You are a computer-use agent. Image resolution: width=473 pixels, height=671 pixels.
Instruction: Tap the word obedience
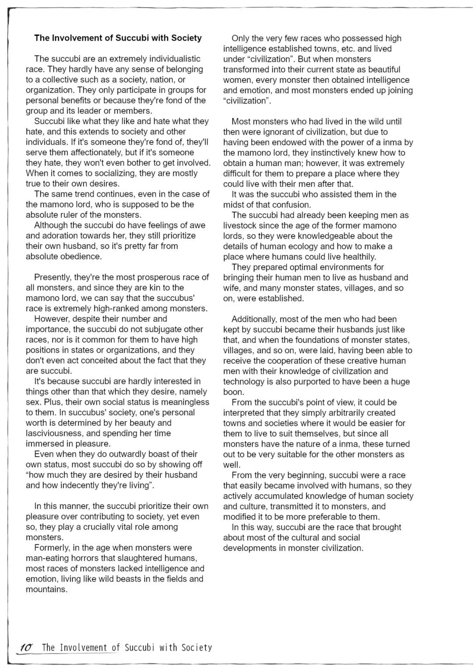coord(80,256)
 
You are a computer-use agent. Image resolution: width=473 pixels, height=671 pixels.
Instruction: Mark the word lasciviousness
coord(54,433)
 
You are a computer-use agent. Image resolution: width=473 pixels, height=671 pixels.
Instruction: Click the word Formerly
coord(52,548)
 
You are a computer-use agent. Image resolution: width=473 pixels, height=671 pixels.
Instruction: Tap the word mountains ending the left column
coord(46,589)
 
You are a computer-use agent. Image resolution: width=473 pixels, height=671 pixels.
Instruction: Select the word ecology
coord(303,246)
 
